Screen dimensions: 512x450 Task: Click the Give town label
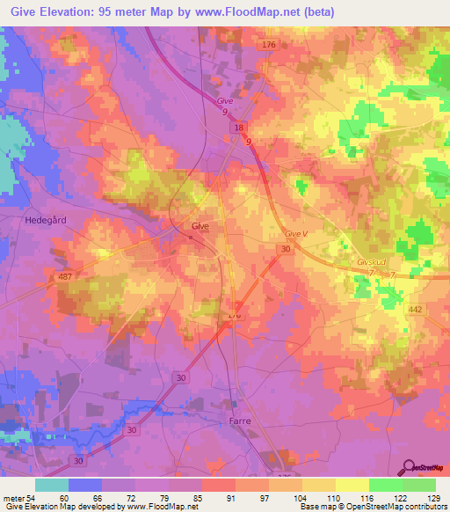pyautogui.click(x=200, y=226)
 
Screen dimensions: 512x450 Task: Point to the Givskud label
pyautogui.click(x=373, y=261)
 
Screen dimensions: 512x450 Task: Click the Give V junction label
pyautogui.click(x=298, y=233)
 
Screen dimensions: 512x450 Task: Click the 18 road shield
pyautogui.click(x=237, y=128)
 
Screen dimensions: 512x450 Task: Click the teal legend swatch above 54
pyautogui.click(x=52, y=485)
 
